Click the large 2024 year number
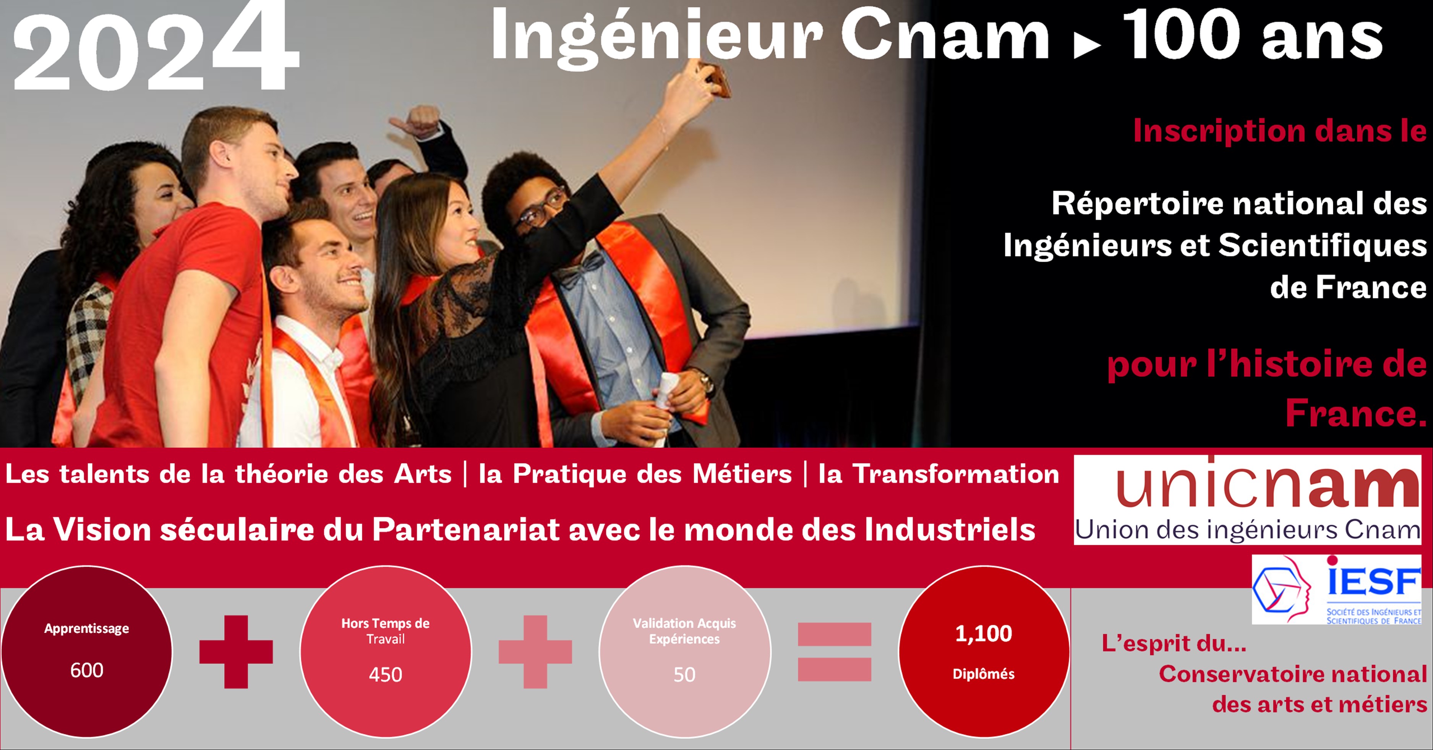156,47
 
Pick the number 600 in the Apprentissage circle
87,670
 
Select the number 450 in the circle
386,674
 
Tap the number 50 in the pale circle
684,674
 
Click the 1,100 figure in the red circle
984,633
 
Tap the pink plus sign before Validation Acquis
535,651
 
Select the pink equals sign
835,651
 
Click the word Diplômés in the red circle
984,674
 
